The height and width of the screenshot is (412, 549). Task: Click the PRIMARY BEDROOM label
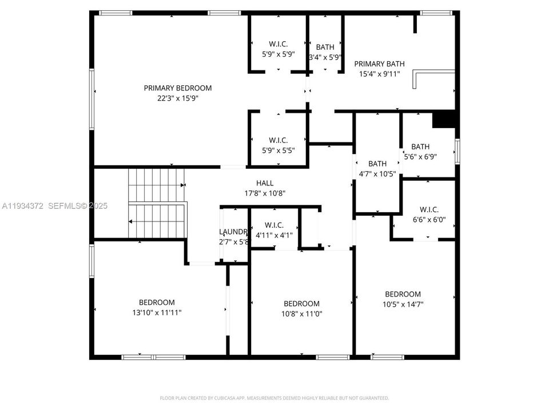[x=177, y=88]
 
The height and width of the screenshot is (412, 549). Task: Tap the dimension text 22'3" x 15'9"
[x=177, y=98]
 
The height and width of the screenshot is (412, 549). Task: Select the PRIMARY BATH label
[x=379, y=64]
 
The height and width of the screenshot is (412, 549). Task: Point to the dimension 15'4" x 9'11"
[x=379, y=74]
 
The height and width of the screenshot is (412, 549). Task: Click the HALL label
[x=265, y=183]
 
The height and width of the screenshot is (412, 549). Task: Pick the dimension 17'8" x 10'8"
[x=265, y=193]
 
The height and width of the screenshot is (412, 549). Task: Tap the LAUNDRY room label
[x=233, y=232]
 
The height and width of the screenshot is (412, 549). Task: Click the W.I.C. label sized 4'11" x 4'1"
[x=274, y=226]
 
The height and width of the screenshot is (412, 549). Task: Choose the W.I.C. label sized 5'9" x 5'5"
[x=279, y=140]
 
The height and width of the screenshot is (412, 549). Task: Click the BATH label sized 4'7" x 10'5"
[x=377, y=164]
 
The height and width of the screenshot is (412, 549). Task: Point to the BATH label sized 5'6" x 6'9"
[x=420, y=146]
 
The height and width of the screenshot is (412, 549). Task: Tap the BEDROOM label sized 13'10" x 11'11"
[x=157, y=302]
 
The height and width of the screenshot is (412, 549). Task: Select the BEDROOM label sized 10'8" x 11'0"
[x=301, y=303]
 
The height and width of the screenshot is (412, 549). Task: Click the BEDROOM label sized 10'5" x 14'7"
[x=403, y=294]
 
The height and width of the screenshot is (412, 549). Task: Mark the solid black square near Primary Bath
[x=444, y=118]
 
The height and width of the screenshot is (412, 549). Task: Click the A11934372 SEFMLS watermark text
[x=54, y=205]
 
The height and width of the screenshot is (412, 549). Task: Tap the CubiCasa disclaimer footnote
[x=274, y=398]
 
